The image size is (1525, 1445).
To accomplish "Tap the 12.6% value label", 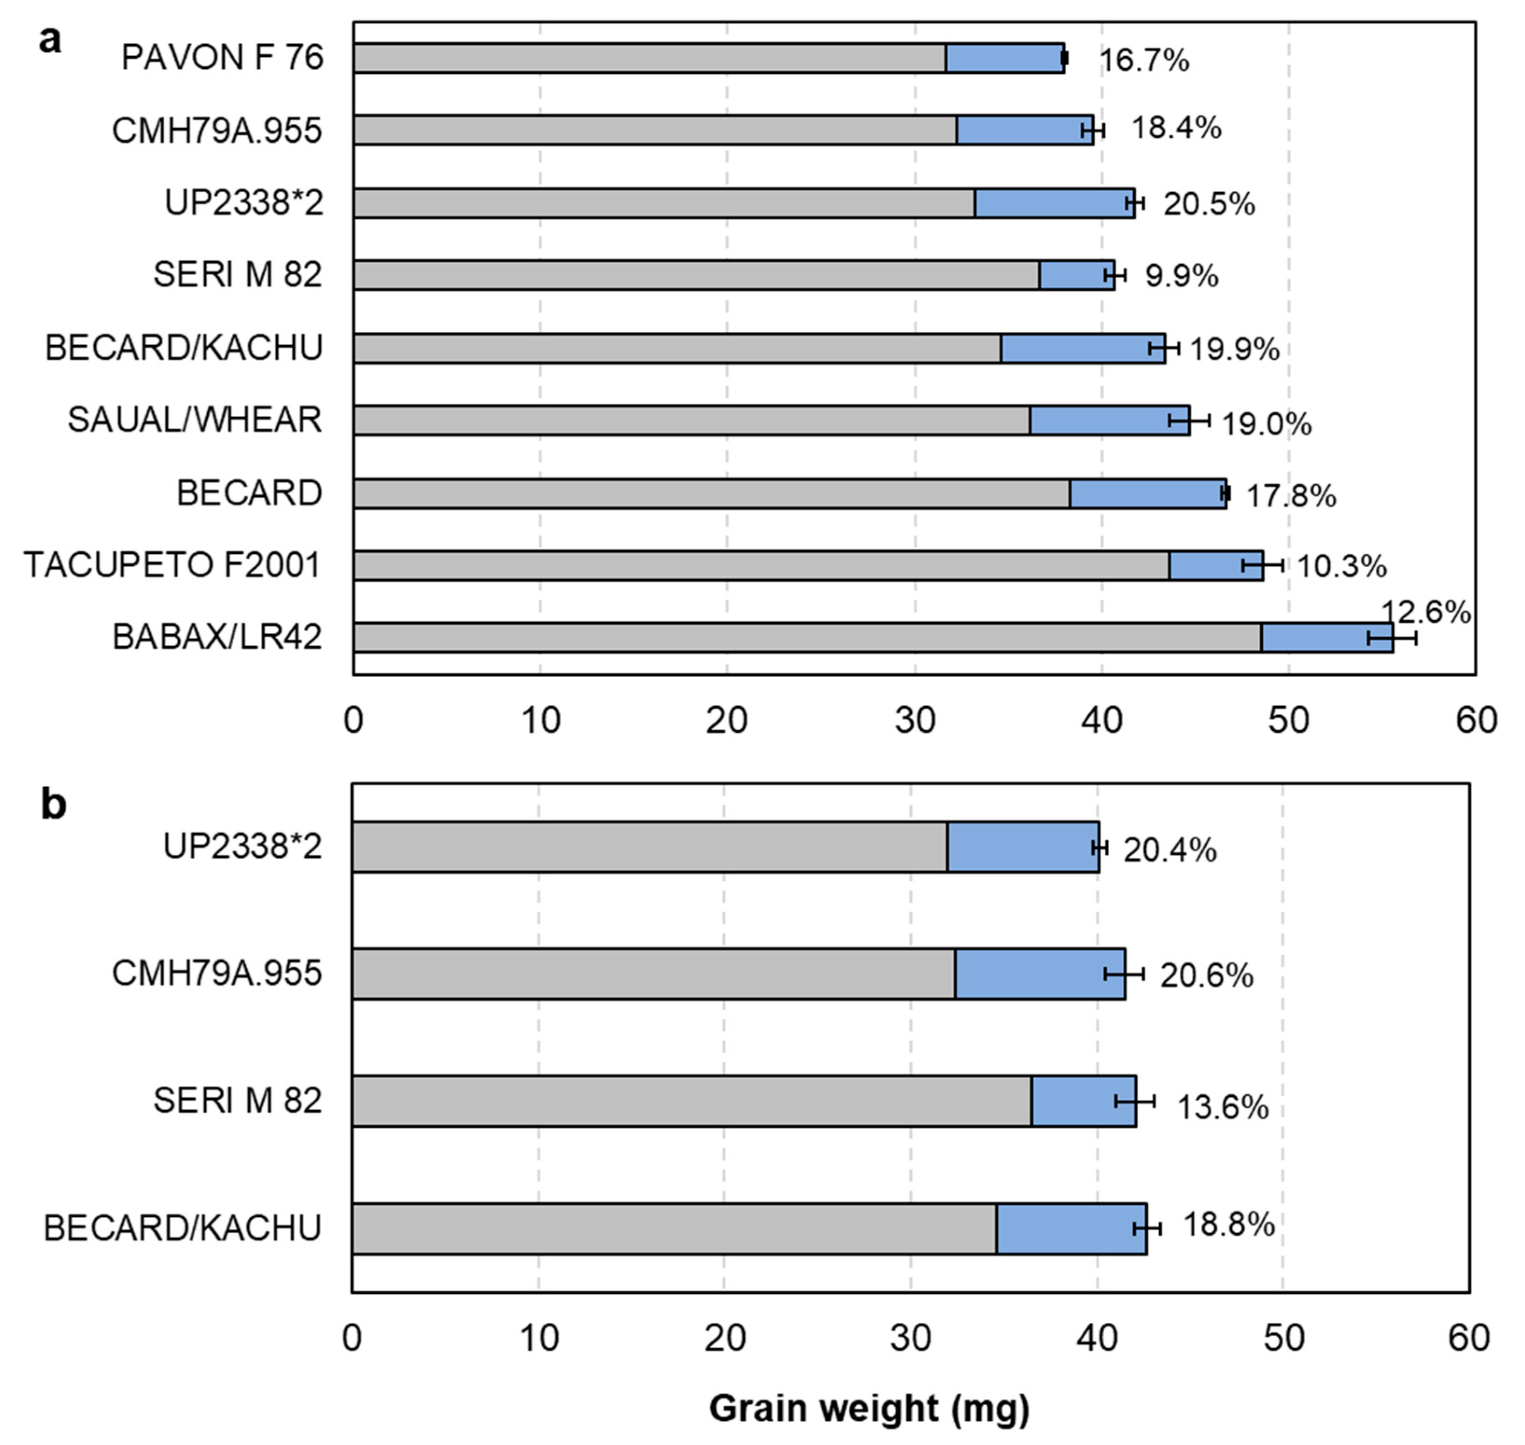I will [x=1425, y=612].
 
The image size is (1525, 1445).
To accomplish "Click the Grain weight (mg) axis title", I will [x=869, y=1408].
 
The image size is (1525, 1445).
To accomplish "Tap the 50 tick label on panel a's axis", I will [x=1288, y=720].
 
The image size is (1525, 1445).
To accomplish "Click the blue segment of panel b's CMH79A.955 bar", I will [x=1040, y=974].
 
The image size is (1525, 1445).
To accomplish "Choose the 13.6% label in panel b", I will [x=1222, y=1108].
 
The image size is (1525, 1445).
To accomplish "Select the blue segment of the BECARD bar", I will [x=1147, y=494].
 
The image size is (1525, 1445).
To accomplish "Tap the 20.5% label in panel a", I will [x=1209, y=204].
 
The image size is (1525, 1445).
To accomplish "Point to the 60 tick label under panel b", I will [x=1468, y=1339].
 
